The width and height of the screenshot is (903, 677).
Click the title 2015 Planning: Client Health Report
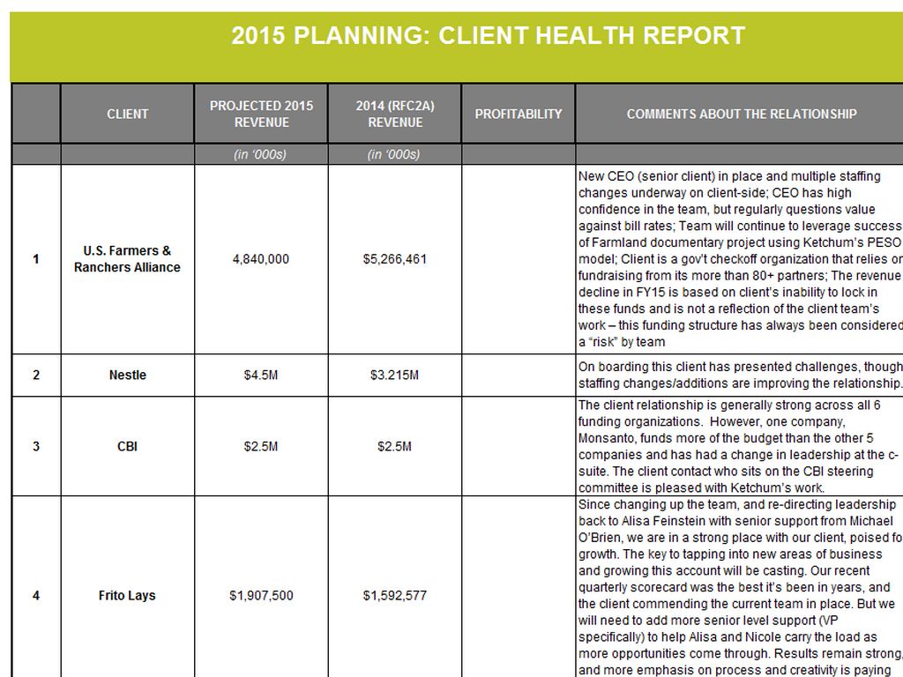pyautogui.click(x=488, y=36)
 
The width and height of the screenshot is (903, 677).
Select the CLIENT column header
pyautogui.click(x=128, y=114)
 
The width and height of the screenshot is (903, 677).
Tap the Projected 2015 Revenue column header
pyautogui.click(x=261, y=114)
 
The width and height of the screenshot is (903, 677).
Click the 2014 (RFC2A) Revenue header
pyautogui.click(x=395, y=114)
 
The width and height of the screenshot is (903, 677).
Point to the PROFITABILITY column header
pyautogui.click(x=519, y=114)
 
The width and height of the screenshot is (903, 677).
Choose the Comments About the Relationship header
pyautogui.click(x=742, y=114)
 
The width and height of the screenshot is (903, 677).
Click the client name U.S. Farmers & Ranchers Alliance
pyautogui.click(x=128, y=259)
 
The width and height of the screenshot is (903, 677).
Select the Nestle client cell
pyautogui.click(x=128, y=376)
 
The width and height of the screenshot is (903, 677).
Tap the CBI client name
pyautogui.click(x=128, y=446)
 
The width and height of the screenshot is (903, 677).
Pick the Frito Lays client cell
pyautogui.click(x=128, y=596)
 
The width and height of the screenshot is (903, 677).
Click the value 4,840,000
pyautogui.click(x=261, y=259)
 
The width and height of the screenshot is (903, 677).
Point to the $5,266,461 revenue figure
pyautogui.click(x=395, y=259)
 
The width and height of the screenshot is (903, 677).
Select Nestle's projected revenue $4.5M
pyautogui.click(x=261, y=376)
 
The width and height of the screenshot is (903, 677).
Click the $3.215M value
pyautogui.click(x=395, y=376)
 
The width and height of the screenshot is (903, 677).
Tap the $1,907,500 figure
pyautogui.click(x=261, y=596)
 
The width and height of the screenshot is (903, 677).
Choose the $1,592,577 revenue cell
pyautogui.click(x=395, y=596)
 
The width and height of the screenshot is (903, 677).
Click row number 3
pyautogui.click(x=36, y=446)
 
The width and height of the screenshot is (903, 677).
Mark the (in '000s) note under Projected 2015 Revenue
pyautogui.click(x=261, y=155)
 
